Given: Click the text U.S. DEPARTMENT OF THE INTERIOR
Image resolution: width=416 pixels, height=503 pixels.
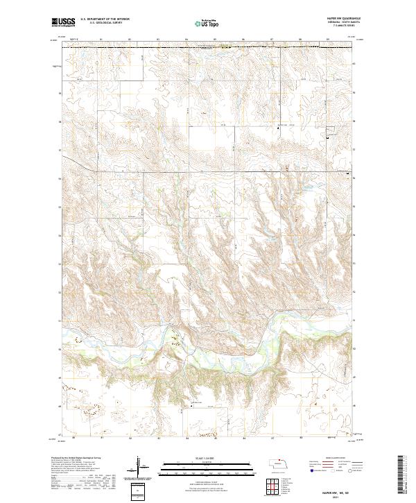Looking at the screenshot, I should click(104, 19).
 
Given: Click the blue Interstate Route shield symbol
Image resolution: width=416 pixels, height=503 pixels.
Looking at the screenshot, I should click(311, 470).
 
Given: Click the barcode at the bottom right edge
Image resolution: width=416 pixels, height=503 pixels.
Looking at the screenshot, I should click(400, 475).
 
